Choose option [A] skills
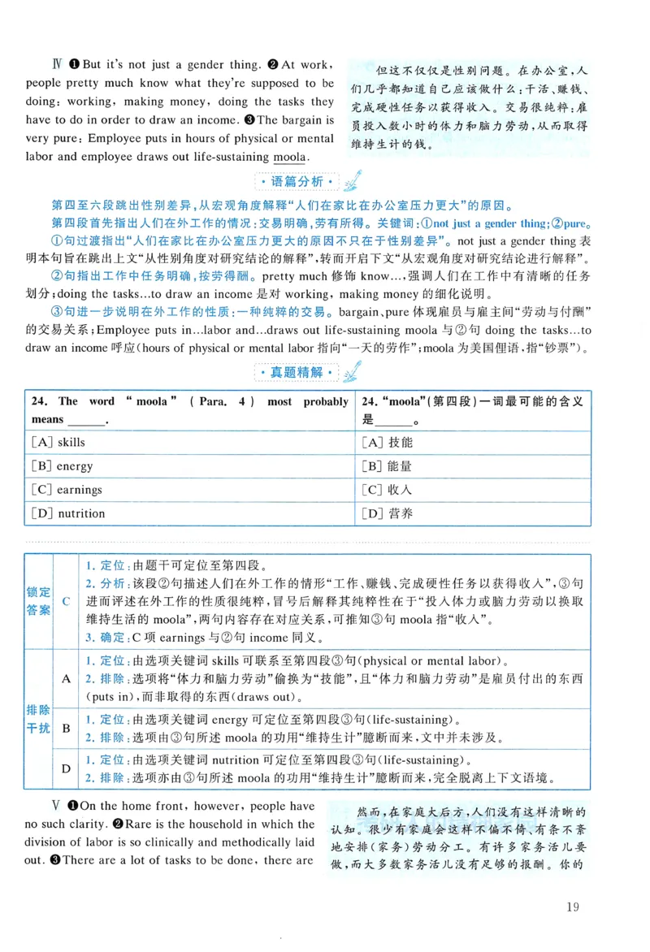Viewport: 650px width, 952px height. point(58,442)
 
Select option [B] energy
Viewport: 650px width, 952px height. point(62,466)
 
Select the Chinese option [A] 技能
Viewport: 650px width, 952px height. point(387,442)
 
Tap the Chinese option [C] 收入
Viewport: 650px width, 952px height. point(387,490)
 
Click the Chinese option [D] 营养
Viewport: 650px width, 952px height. point(387,513)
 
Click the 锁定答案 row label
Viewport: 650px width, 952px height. point(38,601)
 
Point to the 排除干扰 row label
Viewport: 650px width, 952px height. point(38,718)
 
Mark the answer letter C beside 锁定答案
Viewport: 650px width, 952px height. point(66,601)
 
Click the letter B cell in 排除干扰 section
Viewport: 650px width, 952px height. point(66,728)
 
